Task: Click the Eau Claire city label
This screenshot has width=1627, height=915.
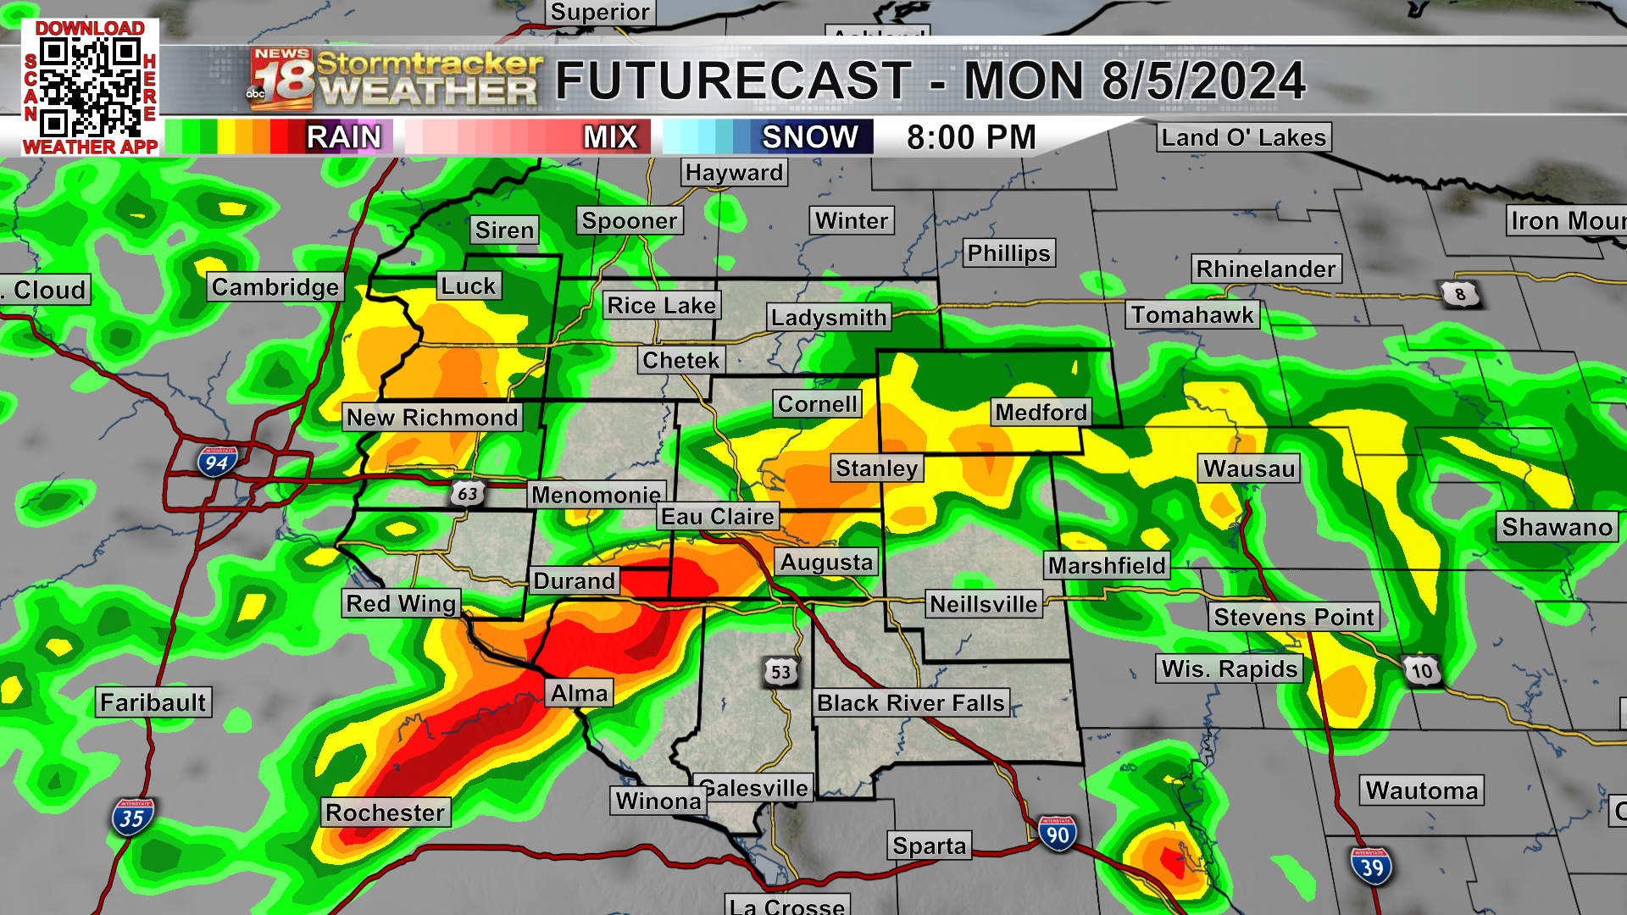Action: click(x=717, y=517)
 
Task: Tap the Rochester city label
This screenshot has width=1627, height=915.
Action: click(x=385, y=812)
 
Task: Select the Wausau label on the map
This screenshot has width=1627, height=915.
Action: click(x=1249, y=469)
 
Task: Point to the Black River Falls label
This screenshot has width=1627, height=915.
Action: click(x=910, y=702)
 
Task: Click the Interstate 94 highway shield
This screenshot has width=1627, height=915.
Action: click(x=216, y=462)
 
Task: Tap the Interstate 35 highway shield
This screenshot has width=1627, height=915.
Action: click(x=131, y=818)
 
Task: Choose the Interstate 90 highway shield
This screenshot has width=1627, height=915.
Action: click(x=1057, y=835)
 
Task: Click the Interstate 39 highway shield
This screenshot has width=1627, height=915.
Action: click(x=1371, y=867)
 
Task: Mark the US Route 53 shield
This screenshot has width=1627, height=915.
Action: click(x=780, y=673)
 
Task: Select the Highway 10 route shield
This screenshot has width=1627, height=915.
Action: click(x=1421, y=672)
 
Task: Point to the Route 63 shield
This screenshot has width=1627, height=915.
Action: click(x=467, y=493)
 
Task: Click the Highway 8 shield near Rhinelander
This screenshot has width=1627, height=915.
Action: click(x=1459, y=294)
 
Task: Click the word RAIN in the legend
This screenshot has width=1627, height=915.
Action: click(x=343, y=136)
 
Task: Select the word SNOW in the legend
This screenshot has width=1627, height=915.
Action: click(x=809, y=136)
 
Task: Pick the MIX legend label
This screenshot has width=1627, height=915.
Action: click(x=610, y=136)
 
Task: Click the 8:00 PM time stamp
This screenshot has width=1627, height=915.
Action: click(x=971, y=136)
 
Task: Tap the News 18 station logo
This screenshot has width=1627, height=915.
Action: click(x=281, y=80)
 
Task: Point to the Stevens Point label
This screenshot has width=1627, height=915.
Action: click(x=1293, y=617)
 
